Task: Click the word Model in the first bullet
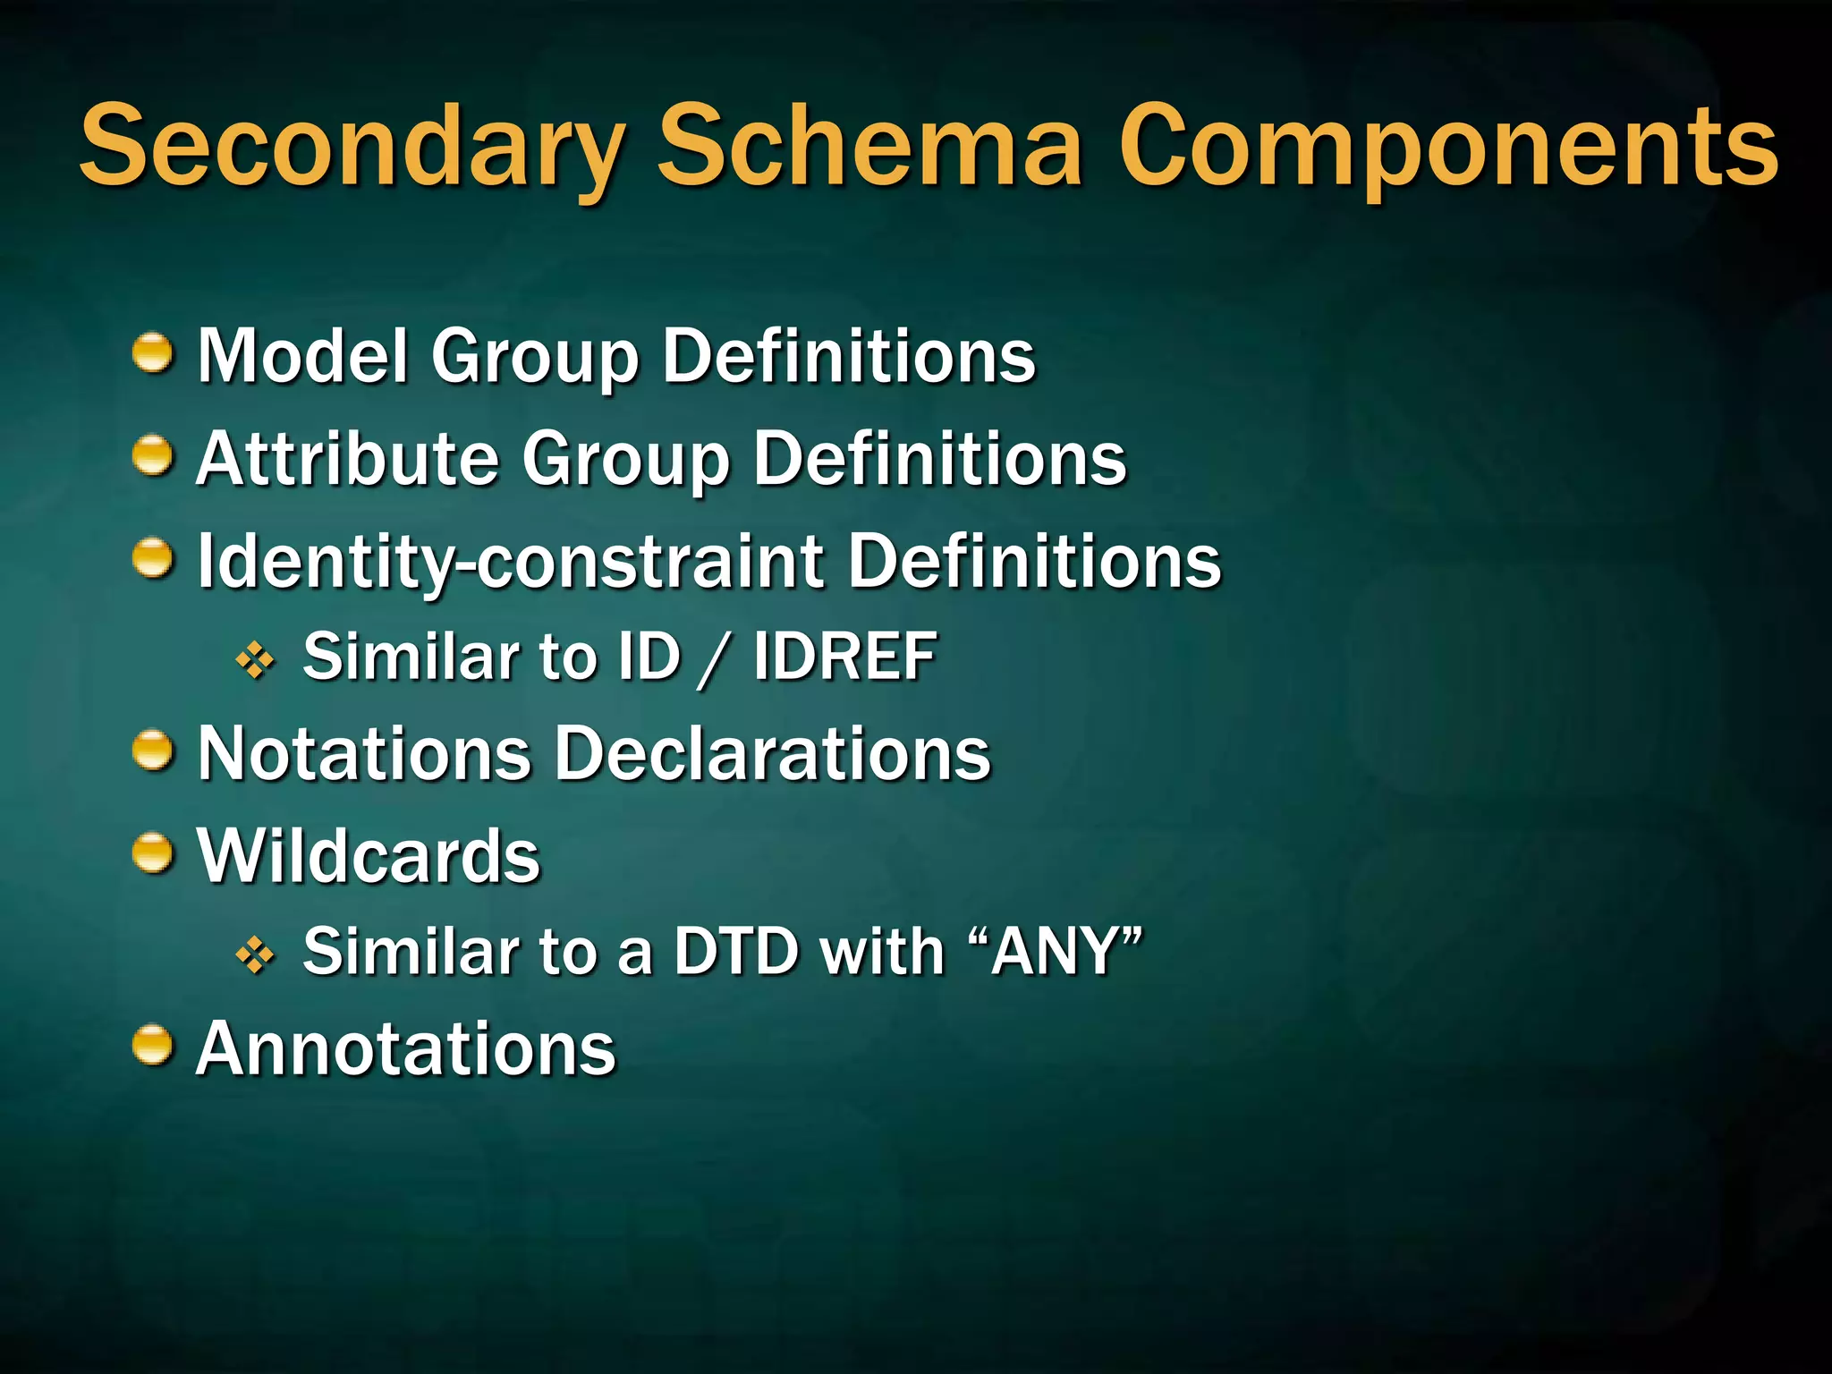[302, 355]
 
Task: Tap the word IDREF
[844, 657]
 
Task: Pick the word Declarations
[773, 753]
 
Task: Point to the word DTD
[735, 951]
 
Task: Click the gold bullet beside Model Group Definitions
[153, 353]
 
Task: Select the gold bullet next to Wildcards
[153, 853]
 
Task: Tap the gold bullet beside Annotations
[153, 1046]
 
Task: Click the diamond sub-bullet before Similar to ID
[255, 661]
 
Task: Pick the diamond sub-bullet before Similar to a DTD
[255, 955]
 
